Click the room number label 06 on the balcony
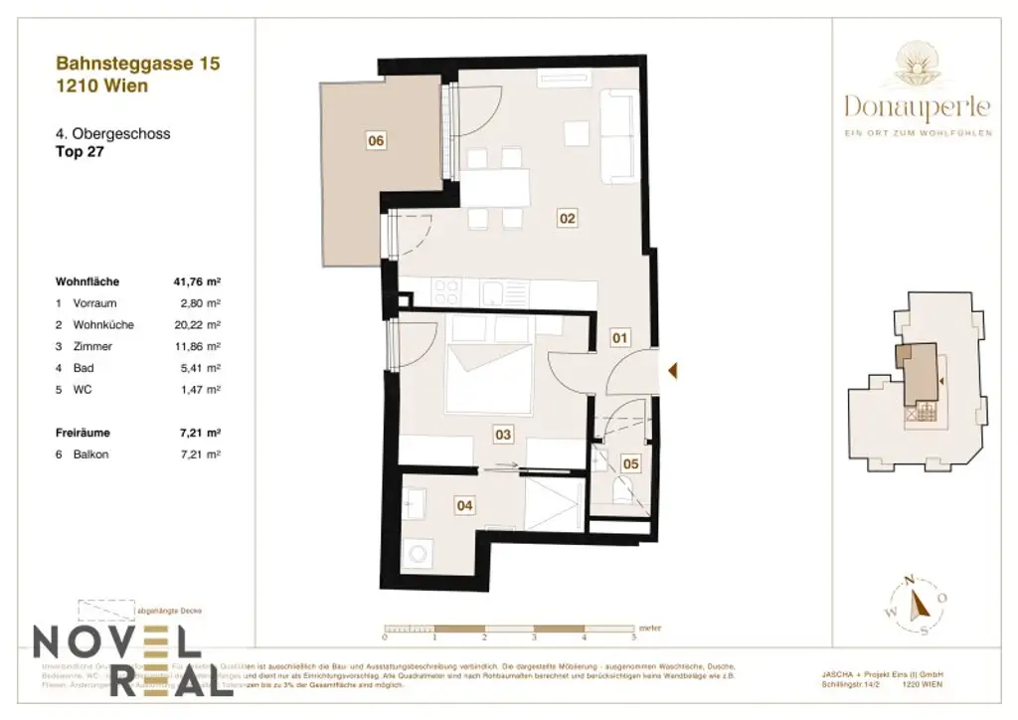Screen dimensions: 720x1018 375,141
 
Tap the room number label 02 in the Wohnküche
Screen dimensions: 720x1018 568,218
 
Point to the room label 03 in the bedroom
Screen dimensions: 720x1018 503,434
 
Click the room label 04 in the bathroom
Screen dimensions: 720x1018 464,505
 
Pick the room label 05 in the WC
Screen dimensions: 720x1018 630,463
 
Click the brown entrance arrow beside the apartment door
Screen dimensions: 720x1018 673,371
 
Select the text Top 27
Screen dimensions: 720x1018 80,153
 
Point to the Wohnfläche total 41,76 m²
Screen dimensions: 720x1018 196,281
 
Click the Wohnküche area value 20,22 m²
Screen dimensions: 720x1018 196,325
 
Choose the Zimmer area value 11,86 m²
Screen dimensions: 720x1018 196,347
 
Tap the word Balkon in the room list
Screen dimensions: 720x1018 91,453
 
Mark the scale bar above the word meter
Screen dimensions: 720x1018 509,630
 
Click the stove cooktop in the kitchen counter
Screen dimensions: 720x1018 447,292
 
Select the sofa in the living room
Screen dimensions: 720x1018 619,134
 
